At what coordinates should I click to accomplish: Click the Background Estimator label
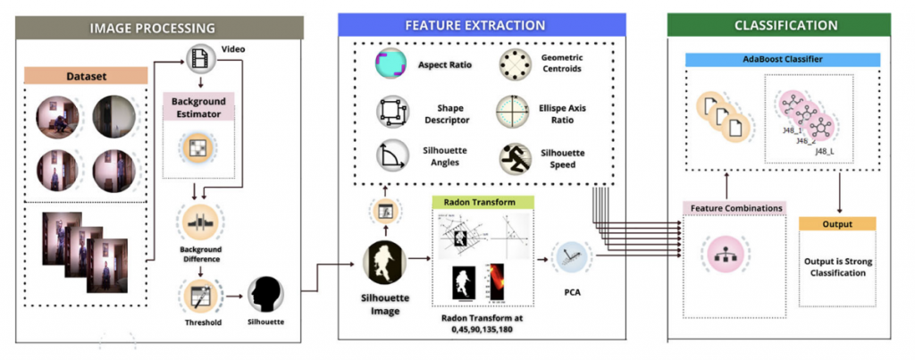(197, 106)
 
